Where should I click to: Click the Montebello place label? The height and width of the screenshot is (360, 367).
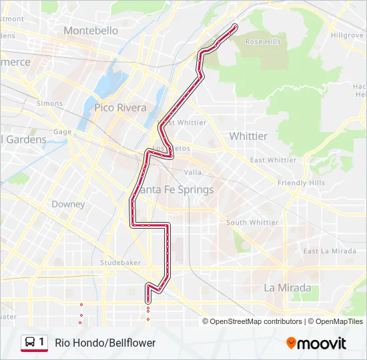[x=91, y=31]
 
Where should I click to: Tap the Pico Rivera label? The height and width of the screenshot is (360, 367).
[x=120, y=107]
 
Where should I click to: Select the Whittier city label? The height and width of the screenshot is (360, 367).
[x=248, y=136]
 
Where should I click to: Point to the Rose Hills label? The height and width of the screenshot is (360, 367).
[x=263, y=42]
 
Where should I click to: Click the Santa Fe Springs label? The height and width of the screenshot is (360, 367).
[x=179, y=190]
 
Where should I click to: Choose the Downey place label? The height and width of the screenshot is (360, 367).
[x=68, y=204]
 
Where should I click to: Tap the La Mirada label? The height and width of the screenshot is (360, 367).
[x=287, y=288]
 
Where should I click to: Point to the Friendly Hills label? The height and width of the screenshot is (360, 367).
[x=302, y=183]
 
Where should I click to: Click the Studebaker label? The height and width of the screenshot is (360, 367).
[x=121, y=263]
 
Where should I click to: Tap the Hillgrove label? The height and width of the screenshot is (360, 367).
[x=346, y=35]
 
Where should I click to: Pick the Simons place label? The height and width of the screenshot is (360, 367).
[x=49, y=104]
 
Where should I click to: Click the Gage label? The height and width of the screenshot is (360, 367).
[x=62, y=132]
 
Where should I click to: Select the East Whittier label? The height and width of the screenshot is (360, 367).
[x=273, y=160]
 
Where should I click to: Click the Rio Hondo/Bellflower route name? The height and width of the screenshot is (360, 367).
[x=105, y=343]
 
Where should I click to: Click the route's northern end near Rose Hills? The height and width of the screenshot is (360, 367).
[x=235, y=26]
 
